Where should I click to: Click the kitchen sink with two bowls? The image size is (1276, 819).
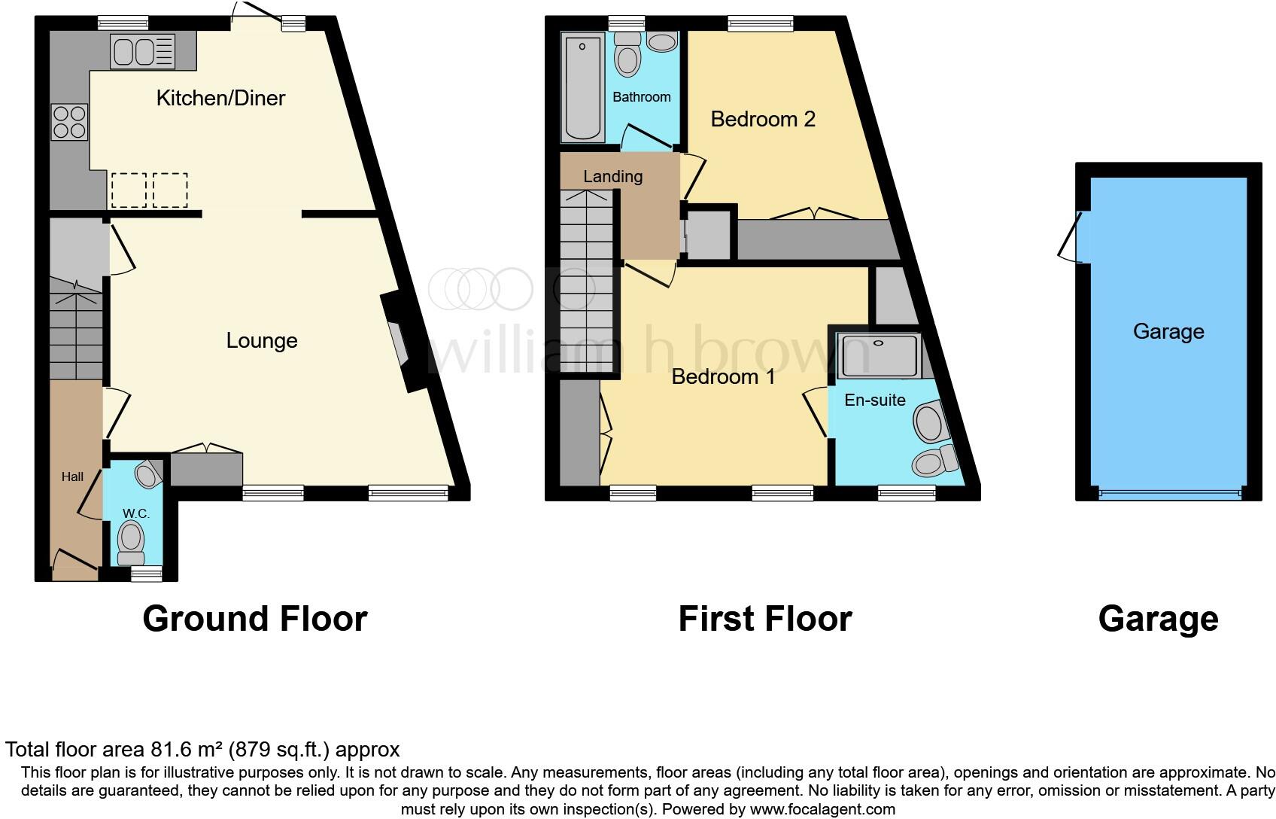click(x=142, y=52)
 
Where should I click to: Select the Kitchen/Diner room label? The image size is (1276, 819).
click(x=220, y=98)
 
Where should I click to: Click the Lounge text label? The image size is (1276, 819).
click(x=262, y=341)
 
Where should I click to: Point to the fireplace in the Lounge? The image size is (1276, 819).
click(x=399, y=343)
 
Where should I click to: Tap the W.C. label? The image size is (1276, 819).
click(x=136, y=513)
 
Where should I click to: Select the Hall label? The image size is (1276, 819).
click(x=72, y=476)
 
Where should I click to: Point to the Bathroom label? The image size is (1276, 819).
click(x=641, y=97)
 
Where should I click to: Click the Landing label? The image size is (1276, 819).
click(x=612, y=177)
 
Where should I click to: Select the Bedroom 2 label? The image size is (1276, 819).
click(x=763, y=119)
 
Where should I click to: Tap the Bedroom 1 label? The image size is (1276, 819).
click(x=723, y=376)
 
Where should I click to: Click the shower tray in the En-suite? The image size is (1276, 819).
click(x=878, y=355)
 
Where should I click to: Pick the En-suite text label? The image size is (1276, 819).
click(x=874, y=400)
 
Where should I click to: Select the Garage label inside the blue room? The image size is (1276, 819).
click(x=1168, y=332)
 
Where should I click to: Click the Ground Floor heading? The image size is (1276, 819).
click(x=254, y=619)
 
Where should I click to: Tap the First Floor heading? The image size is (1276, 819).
click(x=764, y=619)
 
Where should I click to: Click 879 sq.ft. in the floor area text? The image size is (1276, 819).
click(x=279, y=750)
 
